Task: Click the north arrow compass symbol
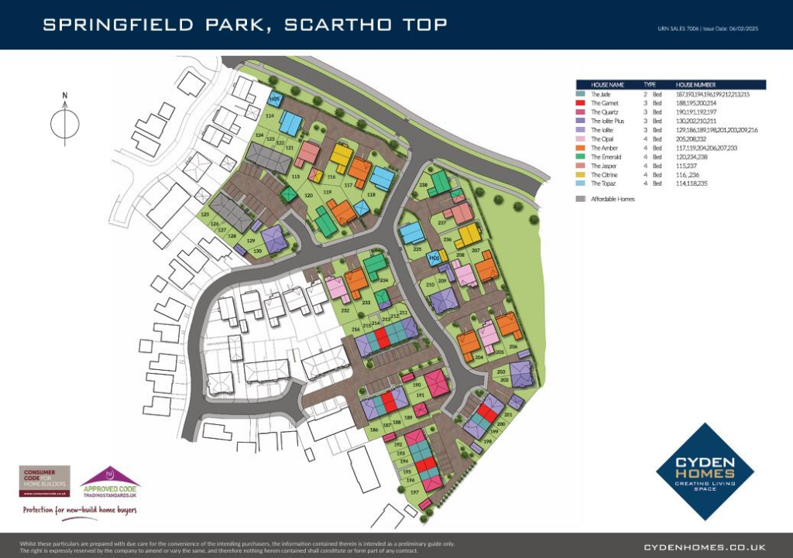pos(65,120)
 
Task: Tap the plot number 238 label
pos(424,186)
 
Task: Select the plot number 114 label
pos(269,116)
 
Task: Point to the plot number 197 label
pos(414,492)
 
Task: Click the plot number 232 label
pos(345,310)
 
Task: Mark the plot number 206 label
pos(512,347)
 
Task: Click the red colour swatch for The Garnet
pos(579,103)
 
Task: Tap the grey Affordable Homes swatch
pos(579,200)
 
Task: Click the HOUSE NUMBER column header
pos(695,84)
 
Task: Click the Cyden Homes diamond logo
pos(705,471)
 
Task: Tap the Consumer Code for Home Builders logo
pos(44,481)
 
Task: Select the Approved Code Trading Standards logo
pos(111,482)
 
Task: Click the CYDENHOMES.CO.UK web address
pos(705,546)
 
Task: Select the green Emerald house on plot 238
pos(439,183)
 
